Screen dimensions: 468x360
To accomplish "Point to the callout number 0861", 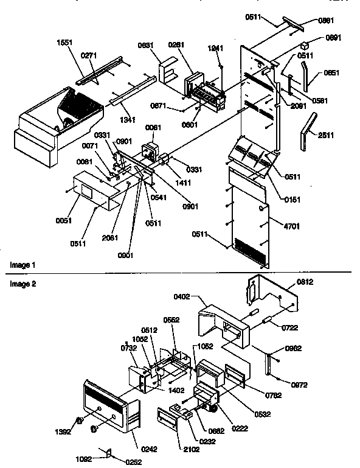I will click(x=326, y=20).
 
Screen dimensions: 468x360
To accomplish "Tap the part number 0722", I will click(x=289, y=328).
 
